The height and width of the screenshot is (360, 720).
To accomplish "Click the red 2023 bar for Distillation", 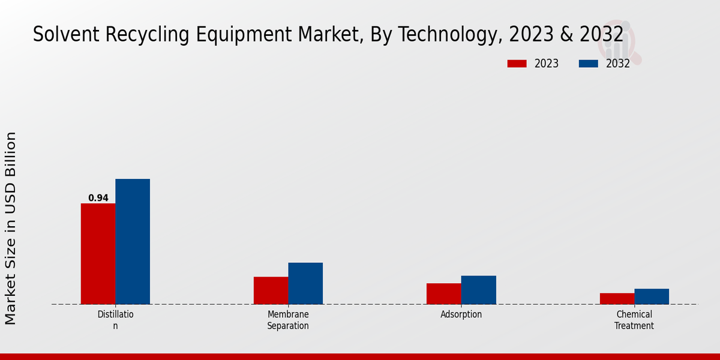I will point(98,254).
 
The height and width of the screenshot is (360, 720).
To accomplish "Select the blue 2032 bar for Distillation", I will point(133,241).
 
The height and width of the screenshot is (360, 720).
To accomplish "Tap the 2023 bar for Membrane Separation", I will point(271,290).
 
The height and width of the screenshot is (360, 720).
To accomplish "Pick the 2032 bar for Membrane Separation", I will point(305,283).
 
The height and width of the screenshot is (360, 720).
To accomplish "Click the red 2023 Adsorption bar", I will point(443,293).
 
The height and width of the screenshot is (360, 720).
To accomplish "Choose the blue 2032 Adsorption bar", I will point(478,290).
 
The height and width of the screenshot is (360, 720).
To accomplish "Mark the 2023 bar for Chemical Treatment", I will point(617,298).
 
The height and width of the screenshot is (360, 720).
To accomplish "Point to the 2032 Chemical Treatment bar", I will point(652,296).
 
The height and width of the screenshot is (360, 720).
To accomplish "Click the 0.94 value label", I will point(98,198).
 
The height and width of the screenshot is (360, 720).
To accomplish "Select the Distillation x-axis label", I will point(116,320).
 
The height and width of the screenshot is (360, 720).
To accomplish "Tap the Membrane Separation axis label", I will point(288,320).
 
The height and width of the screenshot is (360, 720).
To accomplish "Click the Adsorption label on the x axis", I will point(461,314).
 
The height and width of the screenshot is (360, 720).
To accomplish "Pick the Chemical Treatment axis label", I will point(634,320).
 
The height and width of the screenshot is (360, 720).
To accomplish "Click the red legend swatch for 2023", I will point(517,64).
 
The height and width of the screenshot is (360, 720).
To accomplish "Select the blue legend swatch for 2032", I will point(588,64).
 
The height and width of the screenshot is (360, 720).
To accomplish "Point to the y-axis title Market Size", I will point(11,228).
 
